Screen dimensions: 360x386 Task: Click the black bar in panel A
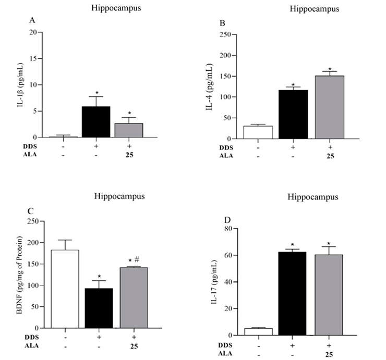pos(95,122)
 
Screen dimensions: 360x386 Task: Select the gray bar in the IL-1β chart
pos(129,130)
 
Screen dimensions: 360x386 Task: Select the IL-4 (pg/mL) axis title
pos(215,87)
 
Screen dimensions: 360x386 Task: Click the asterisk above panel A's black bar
pos(96,92)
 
